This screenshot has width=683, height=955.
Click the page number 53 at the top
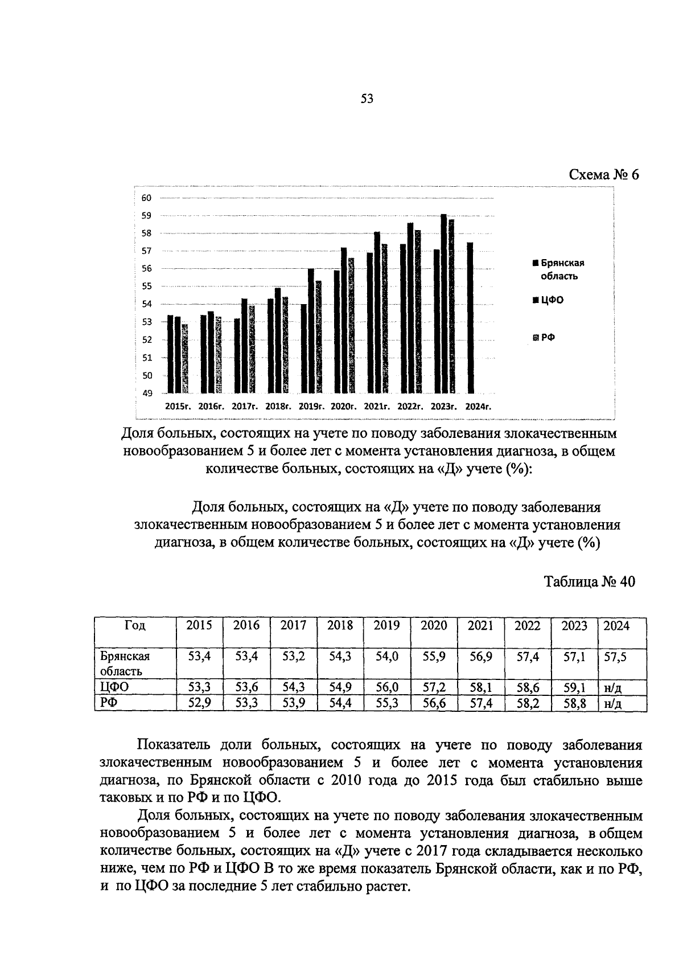point(367,99)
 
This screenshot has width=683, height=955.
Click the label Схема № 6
point(604,174)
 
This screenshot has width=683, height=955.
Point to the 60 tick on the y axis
point(146,198)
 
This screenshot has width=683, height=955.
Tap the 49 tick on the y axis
point(146,393)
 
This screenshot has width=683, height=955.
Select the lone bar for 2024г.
point(470,318)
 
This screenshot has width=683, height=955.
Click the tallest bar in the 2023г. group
point(443,304)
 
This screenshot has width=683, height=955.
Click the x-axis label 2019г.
point(311,407)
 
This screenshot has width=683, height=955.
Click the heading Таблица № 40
point(589,581)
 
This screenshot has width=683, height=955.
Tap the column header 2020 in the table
point(434,625)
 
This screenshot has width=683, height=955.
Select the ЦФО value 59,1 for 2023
point(574,687)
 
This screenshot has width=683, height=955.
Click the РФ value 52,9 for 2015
point(199,703)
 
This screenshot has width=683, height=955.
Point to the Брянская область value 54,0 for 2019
point(387,656)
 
